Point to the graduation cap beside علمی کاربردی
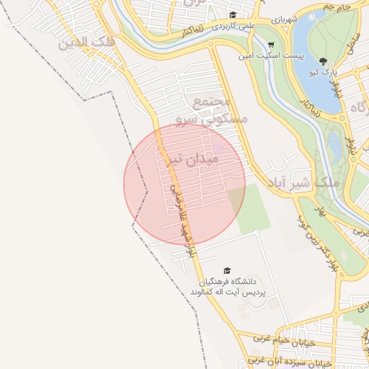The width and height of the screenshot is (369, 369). coord(233,14)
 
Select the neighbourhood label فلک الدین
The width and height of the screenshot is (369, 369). coord(87,43)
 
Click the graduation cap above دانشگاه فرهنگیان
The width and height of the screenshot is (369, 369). coord(227,270)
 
